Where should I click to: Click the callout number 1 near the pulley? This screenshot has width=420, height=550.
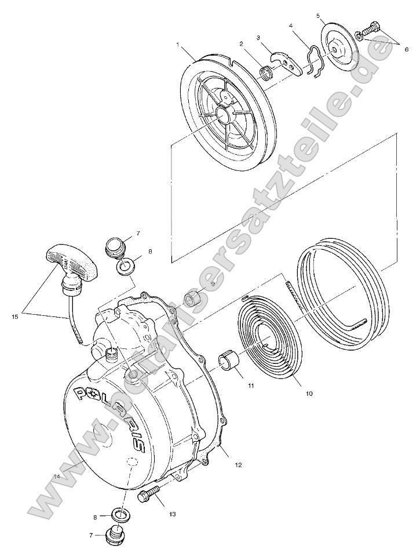click(178, 43)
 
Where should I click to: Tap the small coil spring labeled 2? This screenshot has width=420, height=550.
click(266, 73)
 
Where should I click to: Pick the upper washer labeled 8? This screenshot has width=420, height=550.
click(124, 268)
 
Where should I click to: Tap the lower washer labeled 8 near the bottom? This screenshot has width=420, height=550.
click(119, 514)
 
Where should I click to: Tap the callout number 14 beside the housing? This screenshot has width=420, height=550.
click(56, 476)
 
